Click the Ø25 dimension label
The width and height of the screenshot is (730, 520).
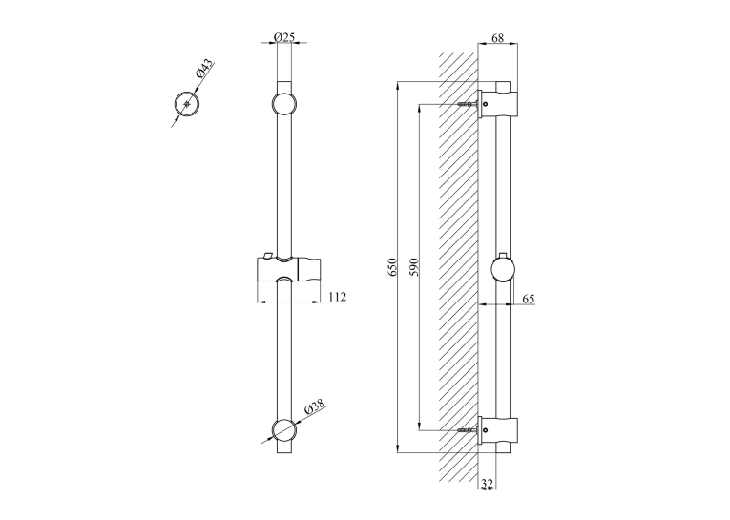(284, 37)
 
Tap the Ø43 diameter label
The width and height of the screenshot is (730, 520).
(204, 69)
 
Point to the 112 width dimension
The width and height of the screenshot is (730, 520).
(338, 297)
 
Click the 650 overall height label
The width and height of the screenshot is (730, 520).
(392, 267)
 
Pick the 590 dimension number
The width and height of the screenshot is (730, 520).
(414, 267)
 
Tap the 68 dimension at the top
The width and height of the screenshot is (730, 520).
(498, 38)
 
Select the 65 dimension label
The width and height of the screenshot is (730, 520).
(529, 299)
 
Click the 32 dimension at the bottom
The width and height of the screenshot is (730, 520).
(487, 484)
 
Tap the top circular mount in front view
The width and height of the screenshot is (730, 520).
(284, 104)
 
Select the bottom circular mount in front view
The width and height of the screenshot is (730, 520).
(284, 429)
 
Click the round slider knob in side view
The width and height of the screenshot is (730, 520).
(503, 271)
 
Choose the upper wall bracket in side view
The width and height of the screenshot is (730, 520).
(498, 104)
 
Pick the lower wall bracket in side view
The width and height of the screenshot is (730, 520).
(498, 430)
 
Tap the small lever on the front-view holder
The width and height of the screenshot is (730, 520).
(267, 254)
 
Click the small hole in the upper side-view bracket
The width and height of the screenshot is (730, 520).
(486, 104)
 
